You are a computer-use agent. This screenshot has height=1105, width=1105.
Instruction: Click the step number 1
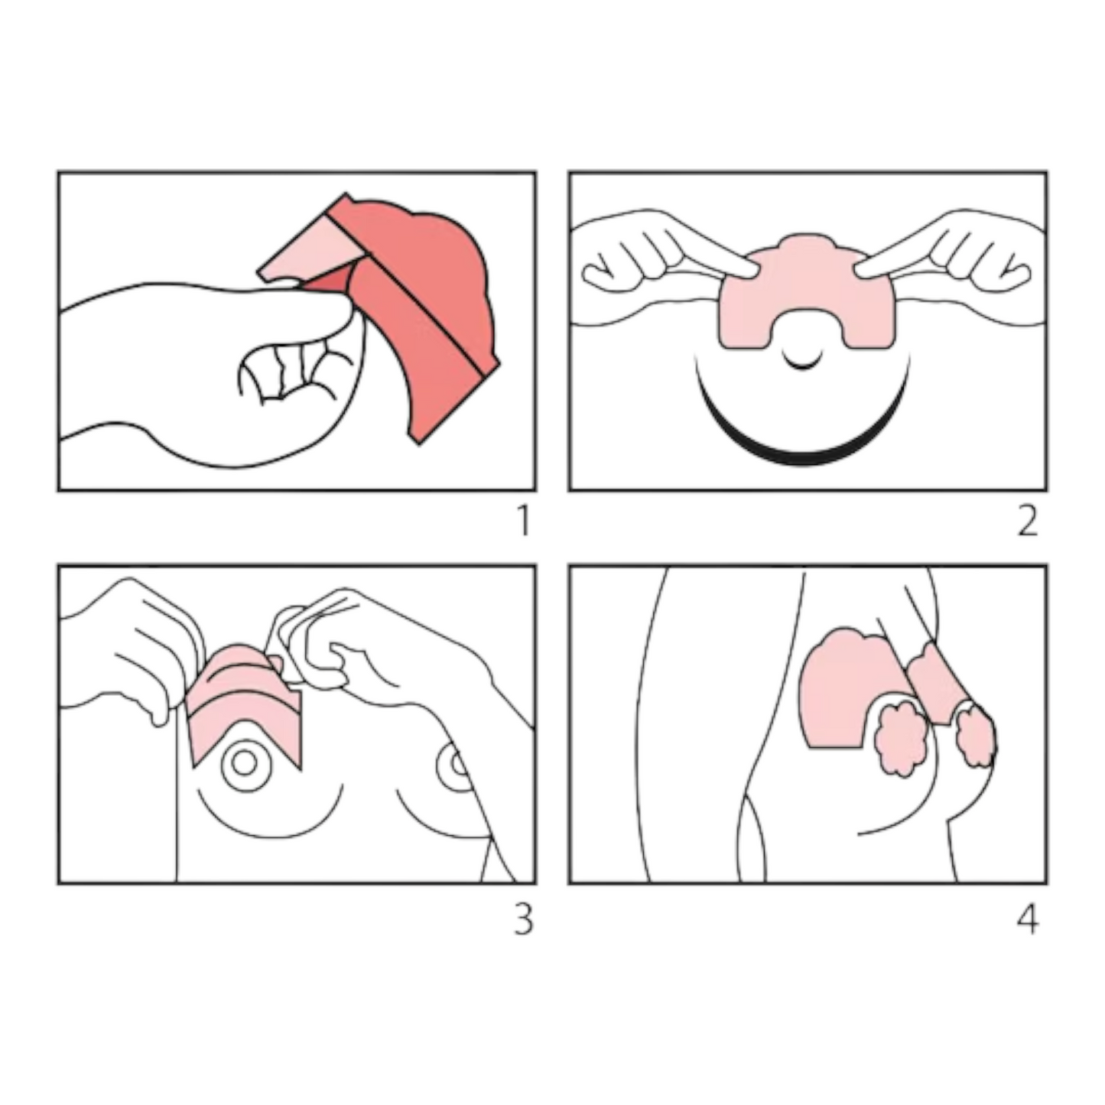pyautogui.click(x=524, y=521)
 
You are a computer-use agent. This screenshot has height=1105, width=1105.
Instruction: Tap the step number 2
pyautogui.click(x=1028, y=521)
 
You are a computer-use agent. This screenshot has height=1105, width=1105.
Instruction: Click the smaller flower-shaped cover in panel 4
pyautogui.click(x=976, y=737)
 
